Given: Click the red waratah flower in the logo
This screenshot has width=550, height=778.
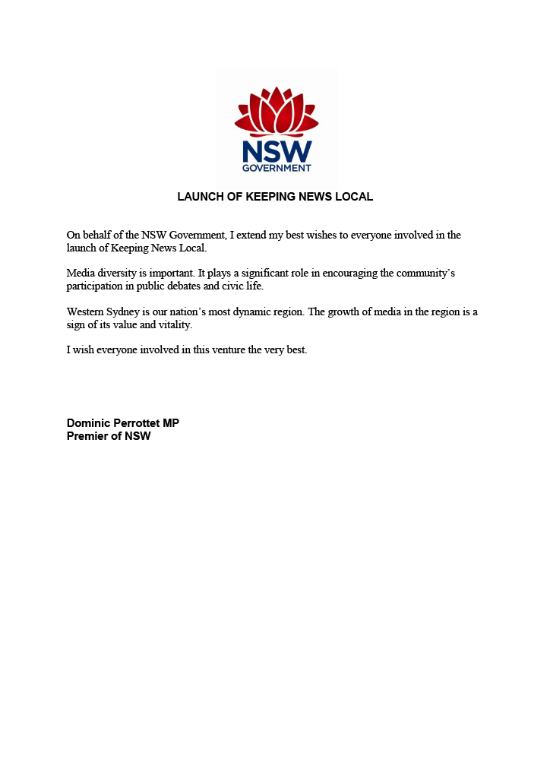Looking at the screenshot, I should click(x=277, y=112).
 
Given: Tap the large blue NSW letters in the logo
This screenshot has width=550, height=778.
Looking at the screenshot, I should click(x=277, y=151).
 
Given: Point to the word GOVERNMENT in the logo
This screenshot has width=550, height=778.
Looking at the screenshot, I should click(x=277, y=168).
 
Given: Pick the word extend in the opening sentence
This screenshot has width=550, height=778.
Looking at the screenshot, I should click(x=249, y=236).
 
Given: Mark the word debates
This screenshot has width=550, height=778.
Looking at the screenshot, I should click(x=197, y=286).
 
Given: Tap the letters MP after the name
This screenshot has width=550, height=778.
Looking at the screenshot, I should click(x=171, y=423).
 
